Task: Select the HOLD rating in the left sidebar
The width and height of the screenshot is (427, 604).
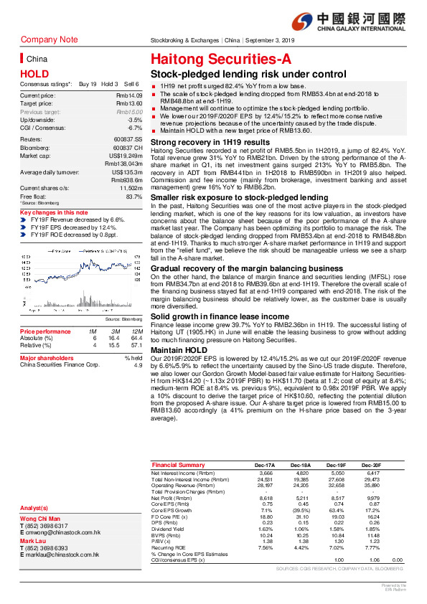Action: tap(34, 73)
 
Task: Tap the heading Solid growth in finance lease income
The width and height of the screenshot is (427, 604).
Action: tap(220, 316)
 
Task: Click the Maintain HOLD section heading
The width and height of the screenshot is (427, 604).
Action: tap(179, 349)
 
